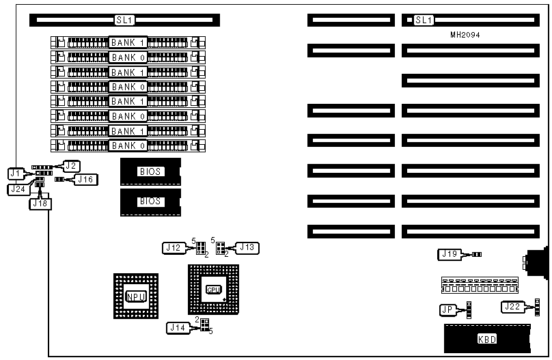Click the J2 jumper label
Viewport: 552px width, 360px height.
click(72, 165)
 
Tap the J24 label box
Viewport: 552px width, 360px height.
click(18, 189)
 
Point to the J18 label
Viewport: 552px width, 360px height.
click(40, 202)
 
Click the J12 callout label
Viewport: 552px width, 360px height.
click(174, 248)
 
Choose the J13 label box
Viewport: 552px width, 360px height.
click(247, 247)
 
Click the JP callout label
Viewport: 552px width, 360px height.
click(448, 310)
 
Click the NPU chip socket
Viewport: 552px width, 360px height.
click(135, 296)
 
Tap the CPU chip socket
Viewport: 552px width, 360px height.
click(214, 290)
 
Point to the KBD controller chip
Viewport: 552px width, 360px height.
click(486, 339)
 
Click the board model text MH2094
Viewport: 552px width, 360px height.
click(465, 34)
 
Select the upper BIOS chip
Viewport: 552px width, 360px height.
click(150, 171)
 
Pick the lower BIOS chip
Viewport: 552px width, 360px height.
click(150, 202)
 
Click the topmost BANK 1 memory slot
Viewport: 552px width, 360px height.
click(128, 42)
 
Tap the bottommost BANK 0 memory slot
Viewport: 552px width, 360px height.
click(128, 146)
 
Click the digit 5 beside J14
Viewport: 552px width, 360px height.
click(211, 332)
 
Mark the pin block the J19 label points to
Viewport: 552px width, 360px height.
click(477, 254)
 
